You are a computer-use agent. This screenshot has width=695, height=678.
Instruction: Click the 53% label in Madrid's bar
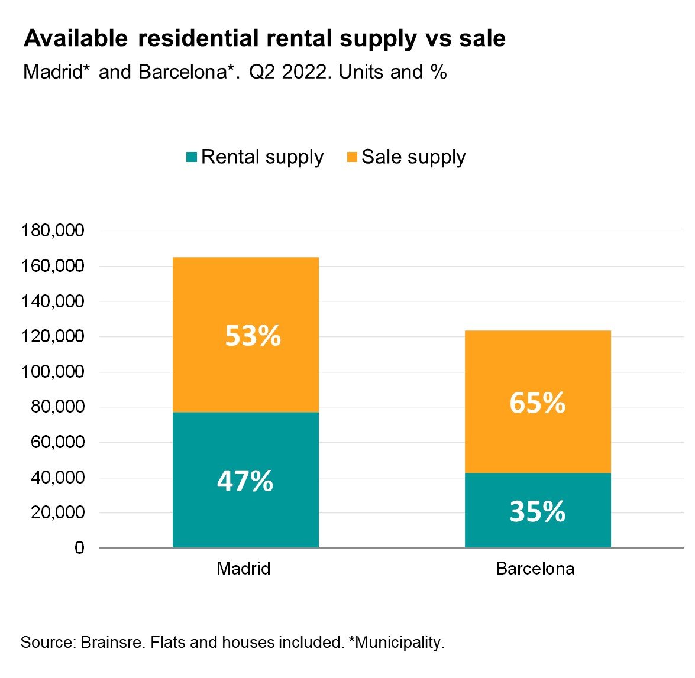pos(253,336)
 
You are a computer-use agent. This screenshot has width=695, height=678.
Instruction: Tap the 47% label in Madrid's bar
pos(245,481)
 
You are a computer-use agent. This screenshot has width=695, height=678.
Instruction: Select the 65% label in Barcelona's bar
pos(537,403)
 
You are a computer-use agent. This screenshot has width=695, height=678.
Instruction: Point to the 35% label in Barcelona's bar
pos(537,511)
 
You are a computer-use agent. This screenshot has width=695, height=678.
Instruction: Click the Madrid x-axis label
pos(244,569)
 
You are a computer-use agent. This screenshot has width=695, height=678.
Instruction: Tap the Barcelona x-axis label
pos(535,569)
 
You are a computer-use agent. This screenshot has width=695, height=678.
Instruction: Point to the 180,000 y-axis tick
pos(53,231)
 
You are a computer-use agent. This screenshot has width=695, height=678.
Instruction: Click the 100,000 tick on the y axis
pos(53,372)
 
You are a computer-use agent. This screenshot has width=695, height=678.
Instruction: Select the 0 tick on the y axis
pos(79,548)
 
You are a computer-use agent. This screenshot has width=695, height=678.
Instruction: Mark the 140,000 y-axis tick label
pos(53,301)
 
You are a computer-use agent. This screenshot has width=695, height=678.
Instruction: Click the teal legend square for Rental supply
pos(191,157)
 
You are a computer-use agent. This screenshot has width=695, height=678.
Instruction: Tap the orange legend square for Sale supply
pos(352,157)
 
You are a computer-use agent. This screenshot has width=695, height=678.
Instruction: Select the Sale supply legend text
pos(413,157)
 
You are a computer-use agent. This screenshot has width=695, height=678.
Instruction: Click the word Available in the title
pos(76,39)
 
